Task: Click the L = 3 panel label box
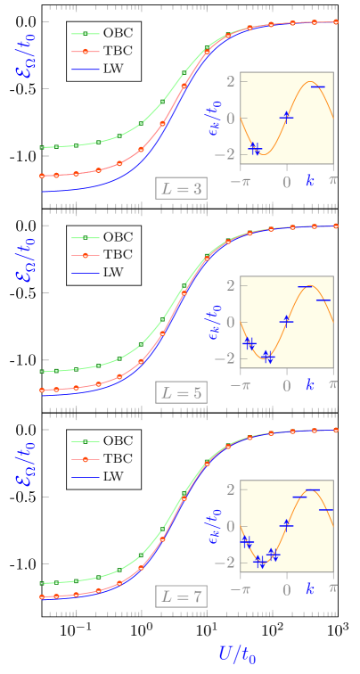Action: tap(181, 188)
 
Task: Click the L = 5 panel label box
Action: tap(181, 392)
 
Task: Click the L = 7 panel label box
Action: tap(181, 596)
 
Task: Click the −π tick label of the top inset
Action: tap(239, 182)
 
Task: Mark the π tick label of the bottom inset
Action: tap(333, 589)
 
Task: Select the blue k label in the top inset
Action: tap(310, 181)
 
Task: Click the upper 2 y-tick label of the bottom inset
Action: tap(230, 489)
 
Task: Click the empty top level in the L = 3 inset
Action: tap(317, 86)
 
